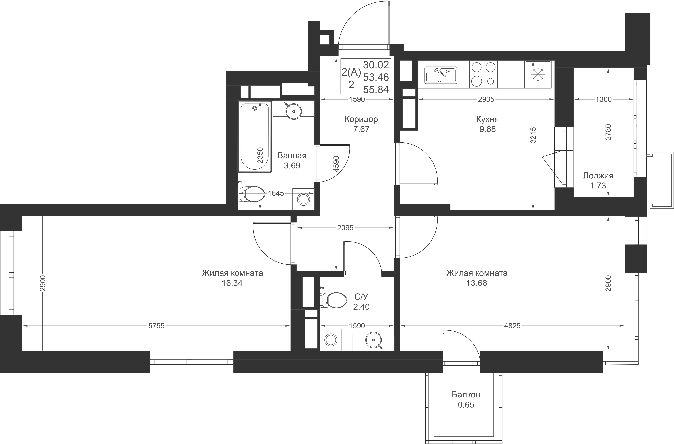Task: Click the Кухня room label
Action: pyautogui.click(x=487, y=119)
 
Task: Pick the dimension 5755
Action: pyautogui.click(x=156, y=326)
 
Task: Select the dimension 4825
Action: pyautogui.click(x=512, y=326)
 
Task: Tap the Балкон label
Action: pyautogui.click(x=466, y=395)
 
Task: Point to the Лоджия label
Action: pyautogui.click(x=598, y=176)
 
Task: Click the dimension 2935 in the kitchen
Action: pyautogui.click(x=486, y=99)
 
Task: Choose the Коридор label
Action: pyautogui.click(x=361, y=119)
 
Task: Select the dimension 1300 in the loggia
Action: pyautogui.click(x=603, y=99)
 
